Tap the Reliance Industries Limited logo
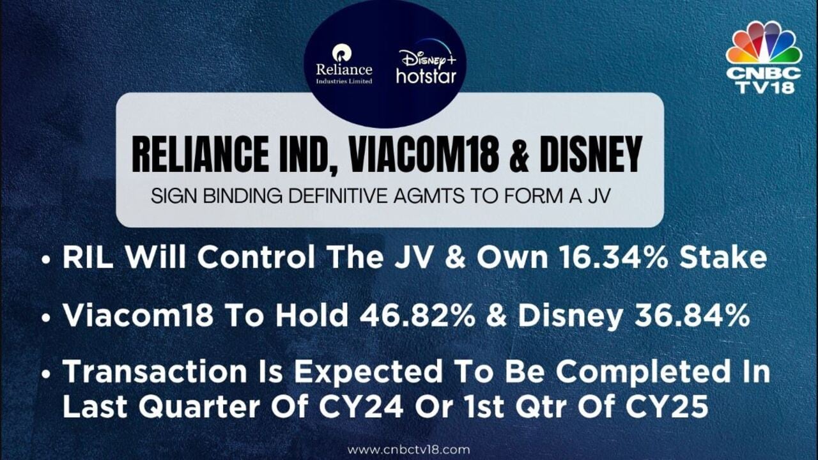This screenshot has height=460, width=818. (344, 65)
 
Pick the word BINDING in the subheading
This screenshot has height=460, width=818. (242, 197)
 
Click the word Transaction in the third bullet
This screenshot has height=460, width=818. (155, 371)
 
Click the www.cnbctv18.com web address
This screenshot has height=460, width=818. (408, 449)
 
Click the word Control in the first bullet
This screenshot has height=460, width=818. (256, 257)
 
